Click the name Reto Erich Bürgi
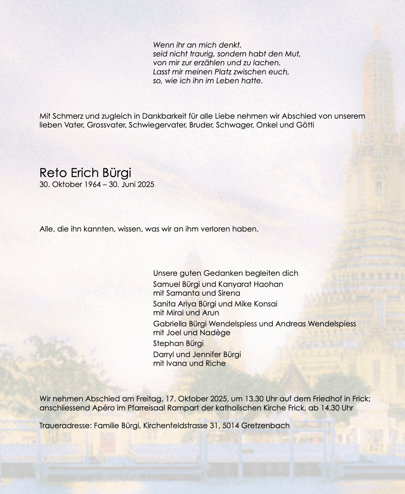point(85,173)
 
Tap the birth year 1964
point(93,184)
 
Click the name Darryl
point(164,354)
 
